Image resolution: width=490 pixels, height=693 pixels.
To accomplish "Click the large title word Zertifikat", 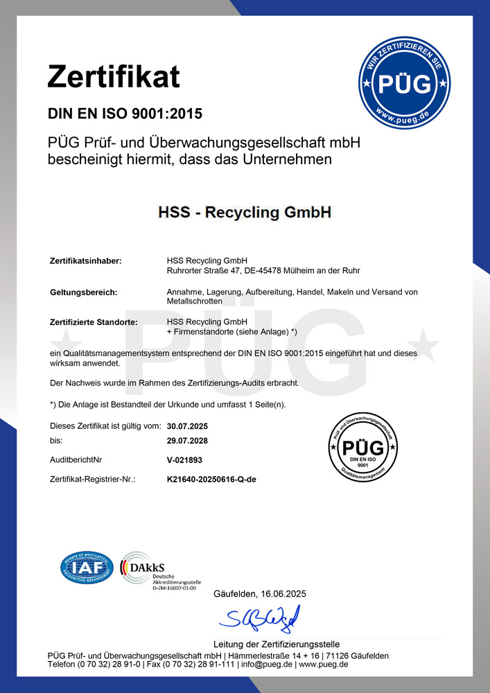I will tap(114, 76).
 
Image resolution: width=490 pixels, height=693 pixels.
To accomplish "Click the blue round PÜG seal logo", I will tap(404, 84).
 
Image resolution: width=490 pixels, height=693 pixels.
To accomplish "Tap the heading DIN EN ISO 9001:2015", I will tap(125, 114).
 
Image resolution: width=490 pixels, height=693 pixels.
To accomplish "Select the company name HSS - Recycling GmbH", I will tap(245, 212).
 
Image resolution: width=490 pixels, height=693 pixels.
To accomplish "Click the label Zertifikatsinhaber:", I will tap(86, 261).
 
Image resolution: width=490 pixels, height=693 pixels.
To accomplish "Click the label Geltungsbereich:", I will tap(84, 292).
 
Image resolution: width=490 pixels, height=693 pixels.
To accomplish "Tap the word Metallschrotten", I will tap(195, 301).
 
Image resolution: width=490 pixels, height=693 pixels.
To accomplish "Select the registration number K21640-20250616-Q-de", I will tap(212, 479).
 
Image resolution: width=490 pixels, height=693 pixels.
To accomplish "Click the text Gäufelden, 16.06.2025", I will tap(259, 594).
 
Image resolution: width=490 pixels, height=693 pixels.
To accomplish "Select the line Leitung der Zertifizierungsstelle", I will tap(277, 644).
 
